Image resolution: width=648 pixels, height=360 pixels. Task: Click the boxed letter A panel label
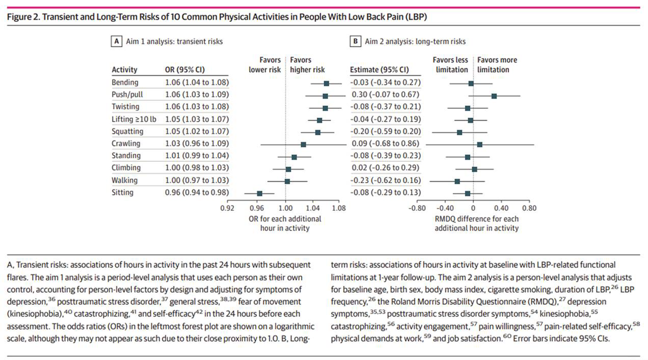117,41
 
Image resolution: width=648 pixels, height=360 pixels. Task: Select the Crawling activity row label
125,143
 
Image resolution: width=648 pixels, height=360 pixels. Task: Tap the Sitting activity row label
122,192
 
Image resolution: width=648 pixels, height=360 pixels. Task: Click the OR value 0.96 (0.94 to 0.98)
196,192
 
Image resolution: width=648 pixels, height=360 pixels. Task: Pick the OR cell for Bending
196,82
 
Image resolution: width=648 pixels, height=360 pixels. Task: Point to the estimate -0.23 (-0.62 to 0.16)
384,181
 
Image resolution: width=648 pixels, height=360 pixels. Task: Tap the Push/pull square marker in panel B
494,96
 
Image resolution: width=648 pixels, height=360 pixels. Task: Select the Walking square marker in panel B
457,181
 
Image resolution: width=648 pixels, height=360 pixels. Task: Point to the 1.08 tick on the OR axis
339,209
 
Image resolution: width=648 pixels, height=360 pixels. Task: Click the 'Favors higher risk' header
307,65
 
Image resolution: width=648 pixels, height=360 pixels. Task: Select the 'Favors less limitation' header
450,65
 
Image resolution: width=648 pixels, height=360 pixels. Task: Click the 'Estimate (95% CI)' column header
379,70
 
